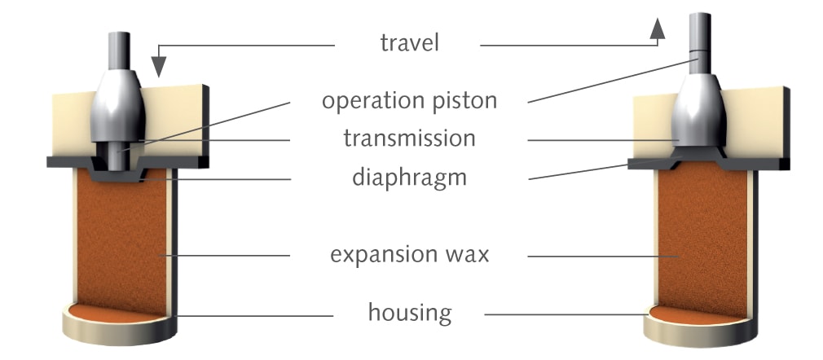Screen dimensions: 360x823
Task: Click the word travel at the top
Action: [409, 43]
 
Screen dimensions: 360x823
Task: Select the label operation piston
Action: [409, 102]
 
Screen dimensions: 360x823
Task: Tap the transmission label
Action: [409, 138]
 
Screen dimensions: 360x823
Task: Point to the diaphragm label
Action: [409, 177]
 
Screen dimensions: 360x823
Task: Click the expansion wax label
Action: [409, 254]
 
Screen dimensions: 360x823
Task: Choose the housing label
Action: [409, 311]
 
